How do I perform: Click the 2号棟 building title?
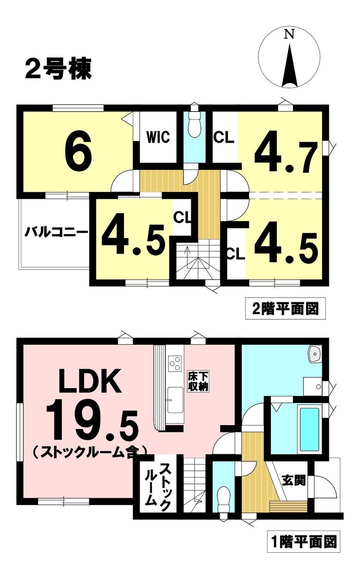58,68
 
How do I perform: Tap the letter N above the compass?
289,35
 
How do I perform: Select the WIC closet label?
158,137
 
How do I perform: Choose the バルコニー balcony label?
56,232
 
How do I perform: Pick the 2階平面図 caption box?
286,308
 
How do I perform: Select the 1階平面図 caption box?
304,542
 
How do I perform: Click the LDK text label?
91,381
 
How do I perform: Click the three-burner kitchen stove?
175,363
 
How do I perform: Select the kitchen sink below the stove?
175,400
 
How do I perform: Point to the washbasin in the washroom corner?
315,354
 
